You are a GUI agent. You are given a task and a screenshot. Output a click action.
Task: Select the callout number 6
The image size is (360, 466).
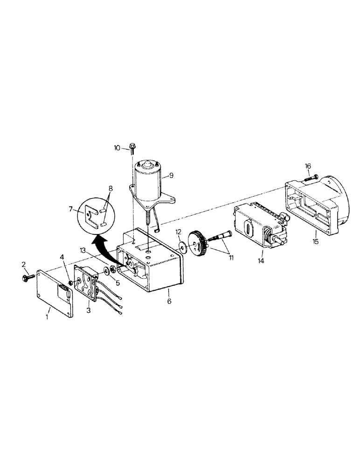point(169,302)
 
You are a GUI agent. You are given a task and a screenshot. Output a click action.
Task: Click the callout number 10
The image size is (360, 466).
point(117,148)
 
